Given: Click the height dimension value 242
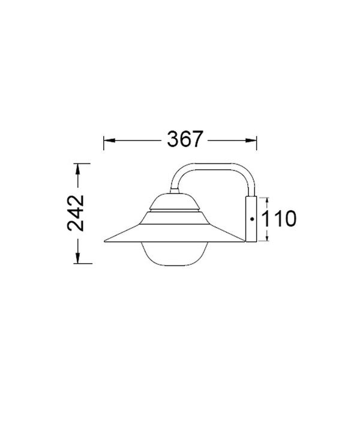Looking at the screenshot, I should pyautogui.click(x=77, y=213).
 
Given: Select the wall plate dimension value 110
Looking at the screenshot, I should pyautogui.click(x=280, y=219).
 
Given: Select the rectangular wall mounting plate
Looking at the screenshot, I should pyautogui.click(x=252, y=219).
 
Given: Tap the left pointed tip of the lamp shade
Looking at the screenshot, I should pyautogui.click(x=106, y=241).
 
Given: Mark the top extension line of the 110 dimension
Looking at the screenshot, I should pyautogui.click(x=264, y=196).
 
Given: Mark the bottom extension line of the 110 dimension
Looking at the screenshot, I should pyautogui.click(x=264, y=242).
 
